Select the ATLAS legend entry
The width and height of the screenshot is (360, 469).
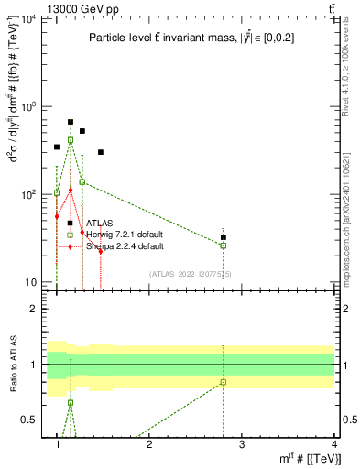(x=101, y=223)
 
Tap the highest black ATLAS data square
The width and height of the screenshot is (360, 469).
(x=71, y=122)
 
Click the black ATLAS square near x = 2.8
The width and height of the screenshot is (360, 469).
(x=224, y=237)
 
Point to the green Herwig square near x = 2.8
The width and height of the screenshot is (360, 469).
(x=224, y=245)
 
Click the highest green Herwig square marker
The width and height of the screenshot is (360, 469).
(x=71, y=140)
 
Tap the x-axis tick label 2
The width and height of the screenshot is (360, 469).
(x=149, y=444)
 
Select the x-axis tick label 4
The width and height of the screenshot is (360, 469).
(x=334, y=444)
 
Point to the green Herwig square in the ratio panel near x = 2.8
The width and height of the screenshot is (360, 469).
(x=224, y=382)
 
